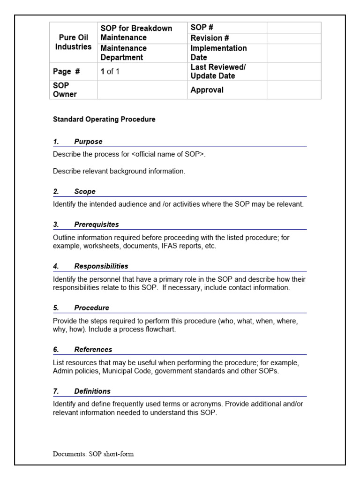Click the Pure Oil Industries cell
pyautogui.click(x=73, y=42)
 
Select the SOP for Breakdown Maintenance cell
pyautogui.click(x=136, y=33)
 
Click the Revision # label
pyautogui.click(x=210, y=38)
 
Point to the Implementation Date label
pyautogui.click(x=218, y=53)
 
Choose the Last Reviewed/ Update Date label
pyautogui.click(x=218, y=71)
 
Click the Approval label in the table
pyautogui.click(x=207, y=90)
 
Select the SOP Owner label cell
pyautogui.click(x=65, y=90)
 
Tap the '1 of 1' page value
pyautogui.click(x=110, y=72)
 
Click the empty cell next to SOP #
pyautogui.click(x=294, y=28)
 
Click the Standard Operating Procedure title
pyautogui.click(x=104, y=120)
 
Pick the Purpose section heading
pyautogui.click(x=88, y=142)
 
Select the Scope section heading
pyautogui.click(x=85, y=191)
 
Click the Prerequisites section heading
pyautogui.click(x=97, y=225)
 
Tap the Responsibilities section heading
pyautogui.click(x=101, y=266)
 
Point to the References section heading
pyautogui.click(x=93, y=350)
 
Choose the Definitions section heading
pyautogui.click(x=92, y=391)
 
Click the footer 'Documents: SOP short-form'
pyautogui.click(x=93, y=454)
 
